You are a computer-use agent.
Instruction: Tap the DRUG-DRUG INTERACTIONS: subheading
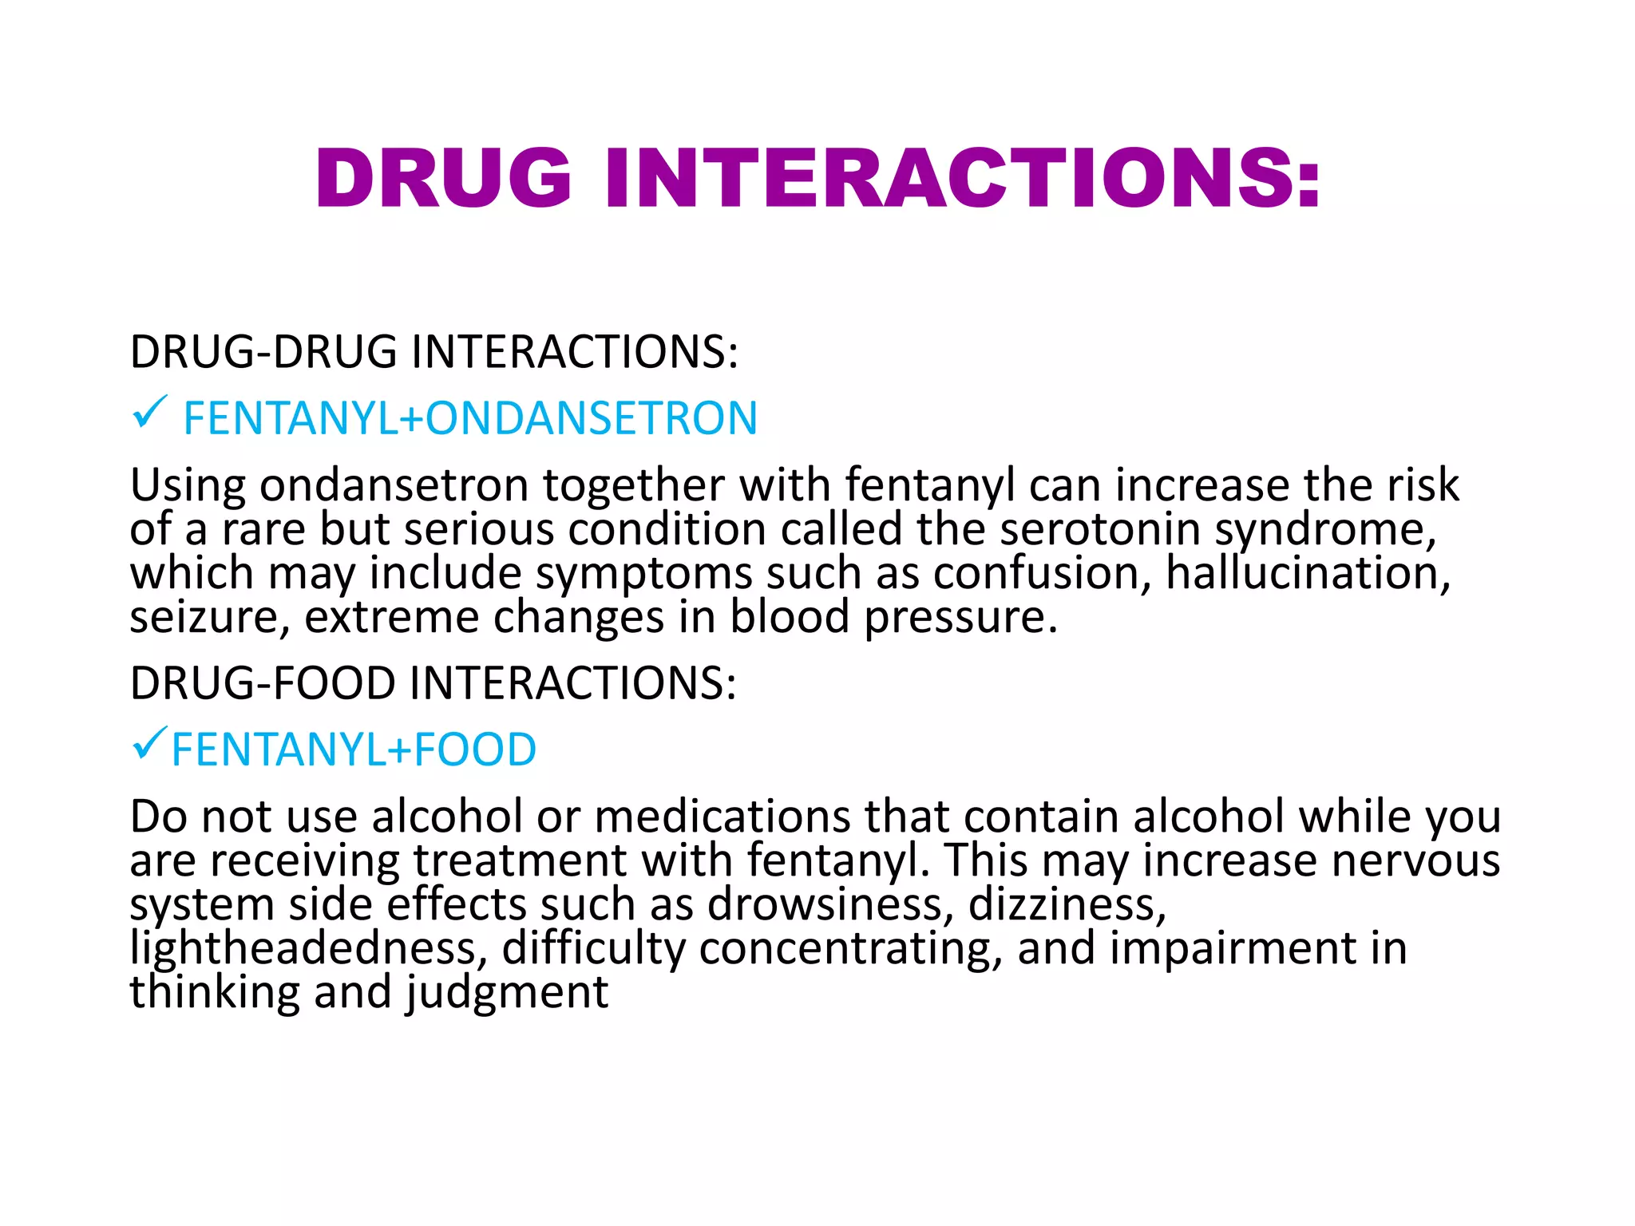[x=433, y=352]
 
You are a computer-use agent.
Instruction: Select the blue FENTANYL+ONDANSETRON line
[x=470, y=418]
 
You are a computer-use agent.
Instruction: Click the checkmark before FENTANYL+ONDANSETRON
[x=149, y=412]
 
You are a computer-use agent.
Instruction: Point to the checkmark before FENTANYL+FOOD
[x=149, y=743]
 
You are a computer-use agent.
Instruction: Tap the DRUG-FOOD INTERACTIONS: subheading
[x=433, y=683]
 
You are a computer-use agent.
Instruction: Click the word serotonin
[x=1100, y=529]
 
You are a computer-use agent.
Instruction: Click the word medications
[x=722, y=817]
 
